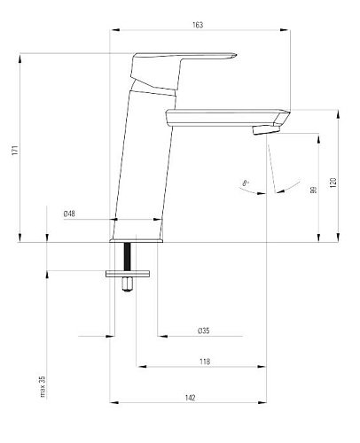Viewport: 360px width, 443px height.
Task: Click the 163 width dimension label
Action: tap(198, 25)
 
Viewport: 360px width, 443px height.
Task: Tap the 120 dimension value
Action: tap(333, 183)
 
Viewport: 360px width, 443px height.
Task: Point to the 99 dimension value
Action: tap(314, 190)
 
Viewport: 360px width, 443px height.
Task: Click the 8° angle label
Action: tap(246, 183)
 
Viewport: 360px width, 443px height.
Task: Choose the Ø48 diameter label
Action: tap(69, 214)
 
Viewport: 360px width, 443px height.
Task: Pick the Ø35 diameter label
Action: tap(204, 330)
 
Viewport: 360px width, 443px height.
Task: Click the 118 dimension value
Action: tap(205, 361)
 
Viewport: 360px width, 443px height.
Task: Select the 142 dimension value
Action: tap(191, 398)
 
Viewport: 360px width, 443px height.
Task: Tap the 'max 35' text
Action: tap(43, 386)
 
